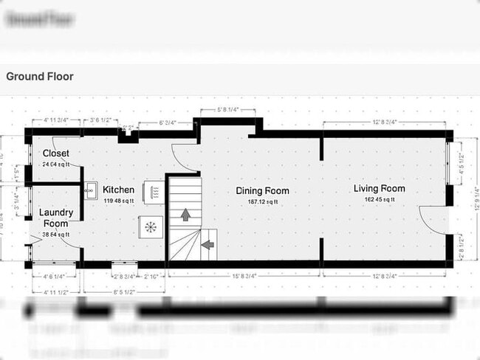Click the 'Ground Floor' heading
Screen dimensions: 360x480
tap(40, 76)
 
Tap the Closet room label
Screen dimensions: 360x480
tap(55, 153)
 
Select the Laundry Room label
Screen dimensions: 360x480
tap(56, 218)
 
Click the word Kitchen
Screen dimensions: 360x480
tap(118, 190)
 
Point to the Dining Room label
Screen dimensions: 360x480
tap(262, 191)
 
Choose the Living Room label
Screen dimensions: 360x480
tap(379, 189)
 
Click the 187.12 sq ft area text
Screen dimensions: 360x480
tap(262, 201)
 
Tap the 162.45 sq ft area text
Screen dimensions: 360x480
tap(379, 199)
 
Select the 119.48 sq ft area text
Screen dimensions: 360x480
tap(118, 200)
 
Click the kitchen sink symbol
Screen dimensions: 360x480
tap(90, 191)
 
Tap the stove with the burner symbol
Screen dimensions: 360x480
tap(151, 226)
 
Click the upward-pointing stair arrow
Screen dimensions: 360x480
tap(184, 215)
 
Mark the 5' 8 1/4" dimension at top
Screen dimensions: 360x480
tap(227, 111)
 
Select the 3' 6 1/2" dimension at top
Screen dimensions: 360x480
tap(100, 119)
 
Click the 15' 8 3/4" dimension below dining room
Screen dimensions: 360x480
tap(244, 276)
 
